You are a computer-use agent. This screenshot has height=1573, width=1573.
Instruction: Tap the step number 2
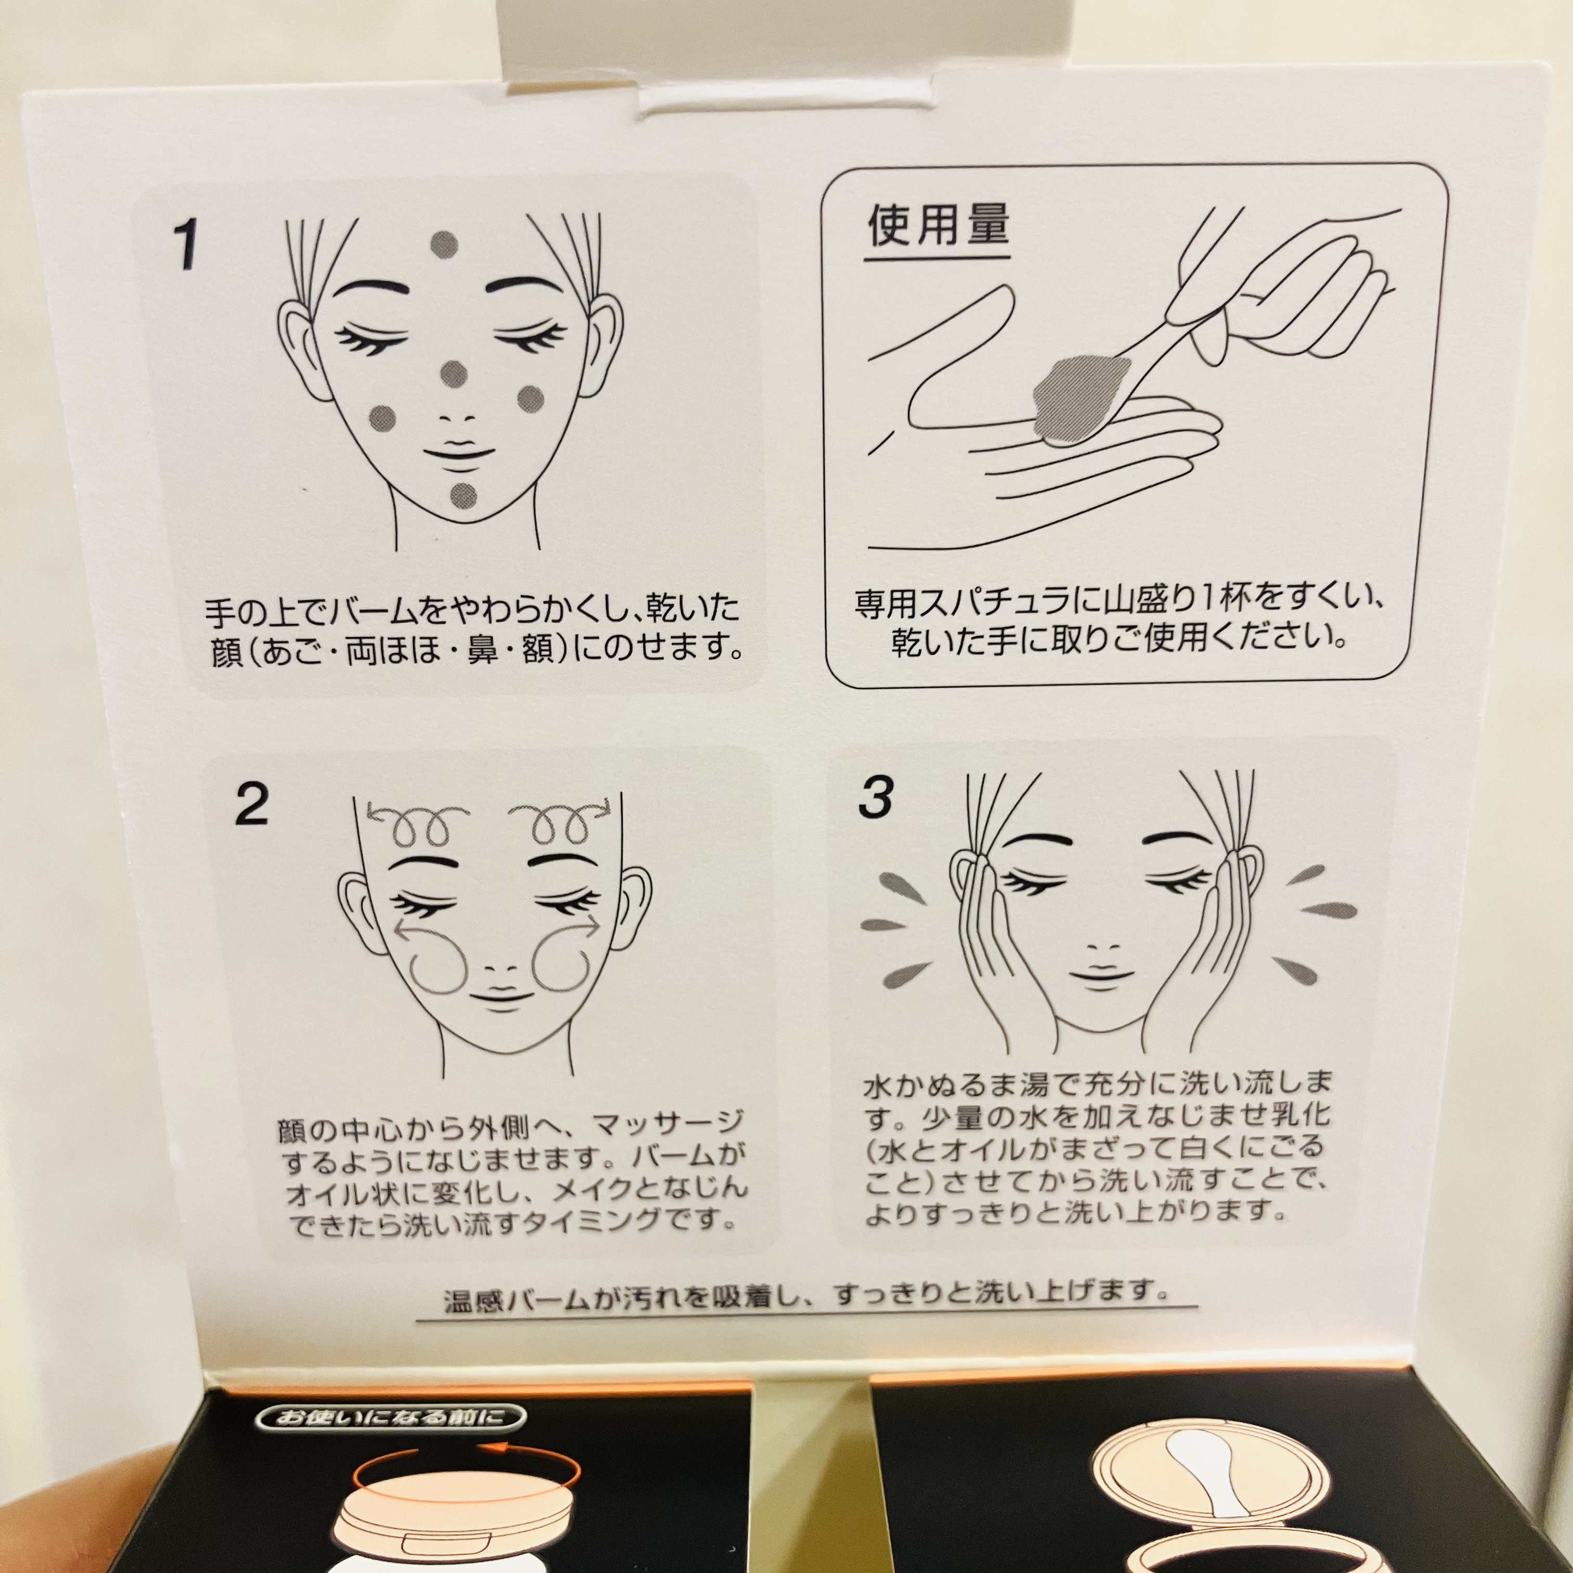point(252,804)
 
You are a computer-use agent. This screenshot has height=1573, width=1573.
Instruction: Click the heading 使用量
point(937,226)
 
